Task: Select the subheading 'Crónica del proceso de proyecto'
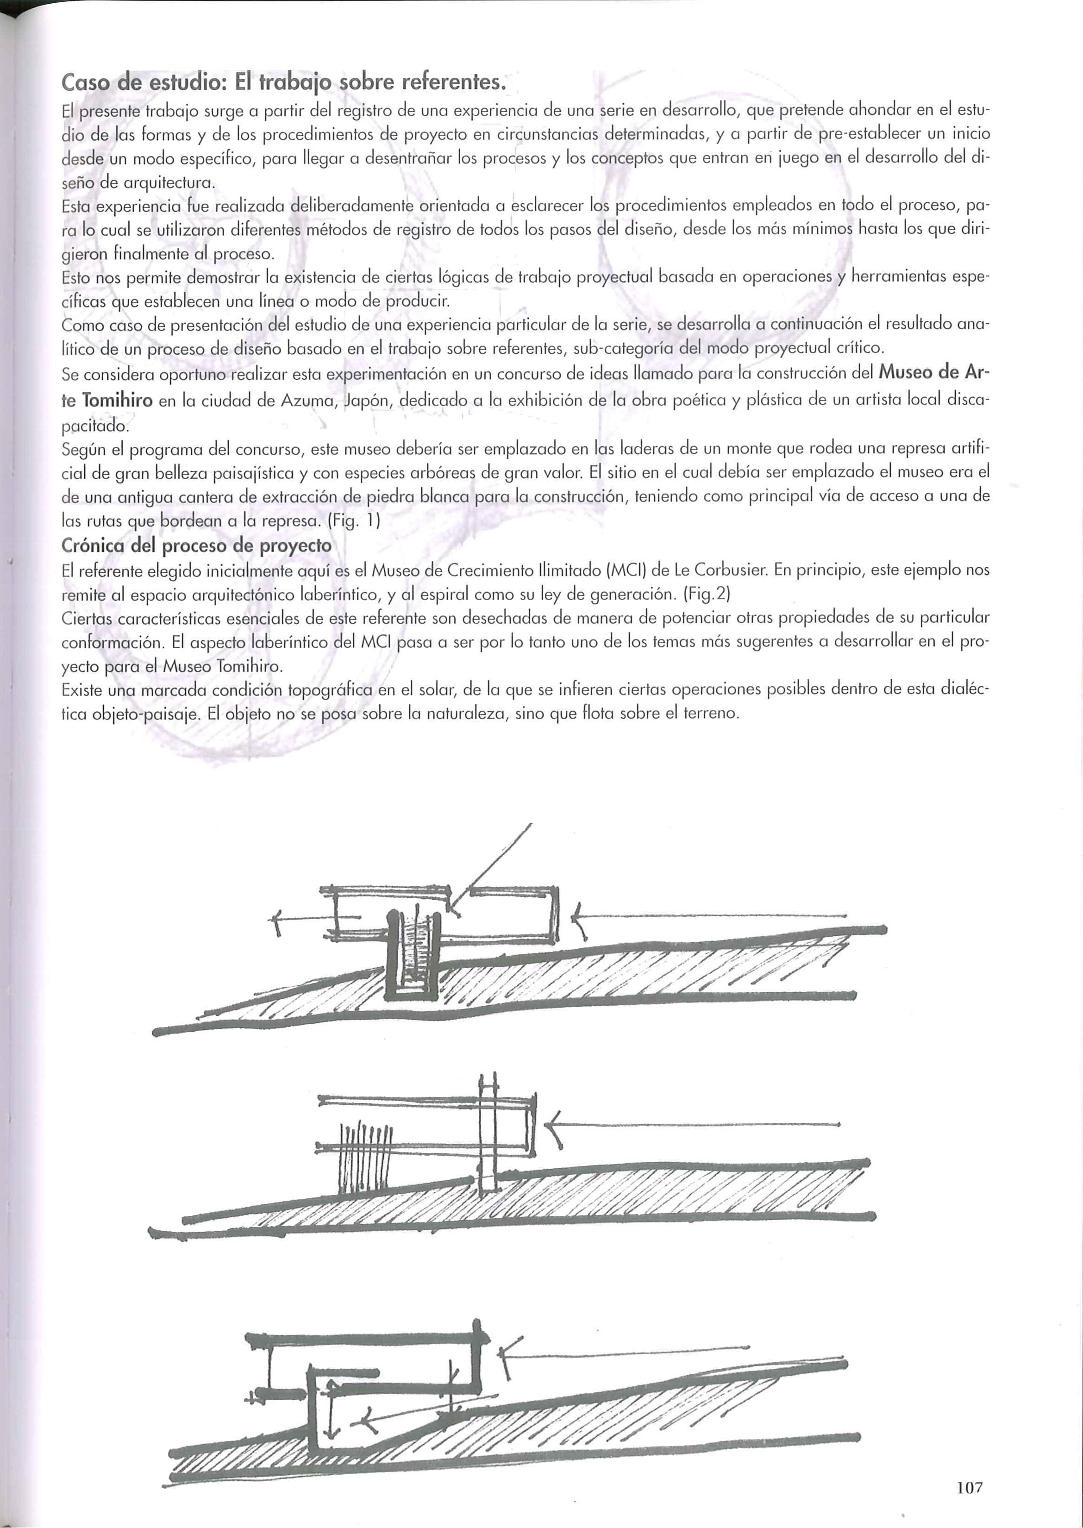point(196,545)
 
